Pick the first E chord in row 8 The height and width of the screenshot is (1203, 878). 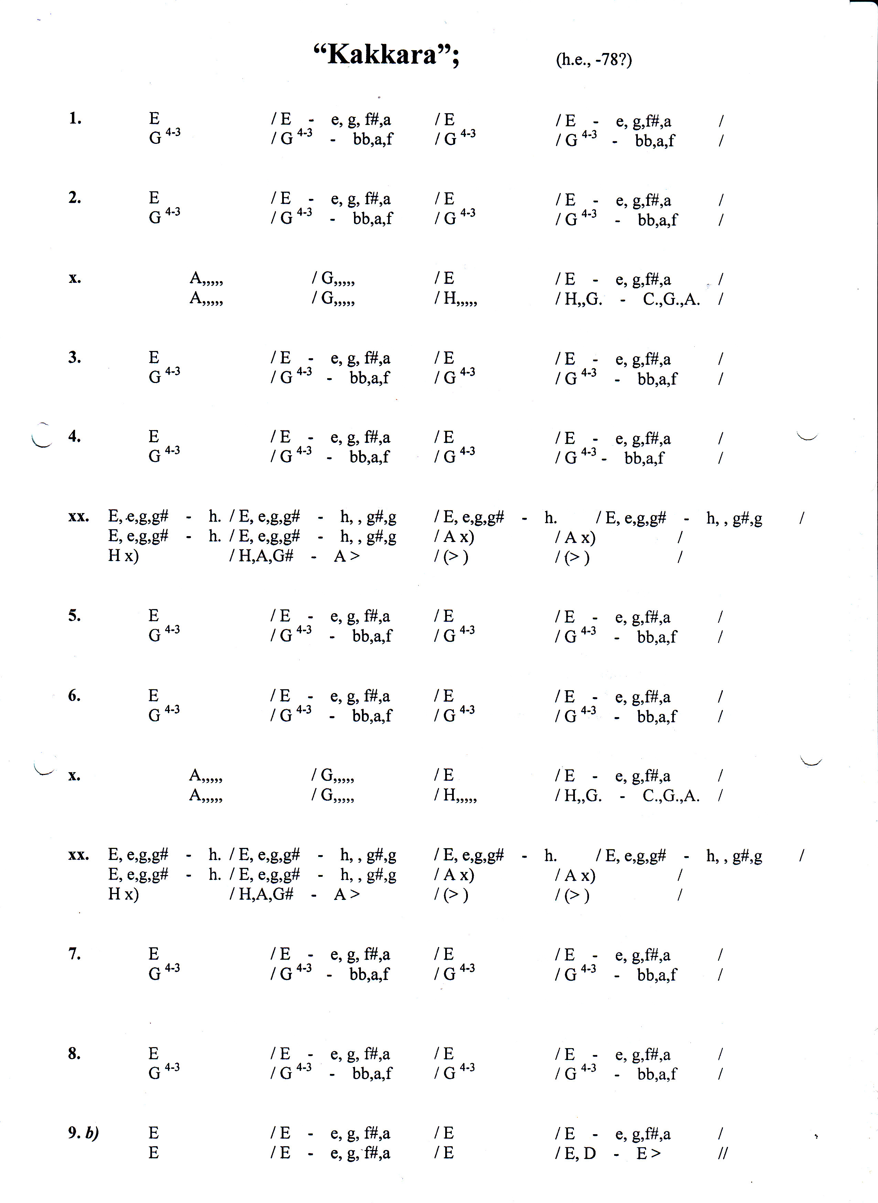(x=153, y=1054)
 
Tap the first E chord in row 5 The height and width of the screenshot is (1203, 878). (x=153, y=616)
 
